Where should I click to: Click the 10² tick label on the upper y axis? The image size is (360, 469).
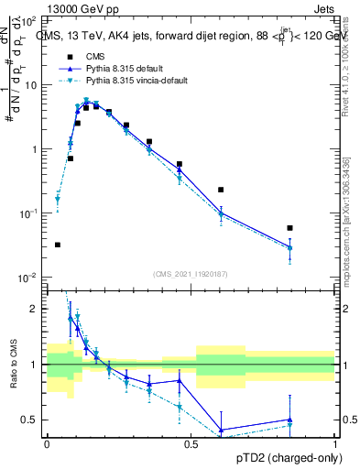(x=30, y=20)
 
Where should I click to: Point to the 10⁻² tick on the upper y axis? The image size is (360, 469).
(x=29, y=277)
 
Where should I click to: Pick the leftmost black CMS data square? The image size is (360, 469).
(x=58, y=245)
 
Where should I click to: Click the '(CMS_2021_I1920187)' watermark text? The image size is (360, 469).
(x=191, y=273)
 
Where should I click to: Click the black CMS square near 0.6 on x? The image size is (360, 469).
(x=221, y=190)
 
